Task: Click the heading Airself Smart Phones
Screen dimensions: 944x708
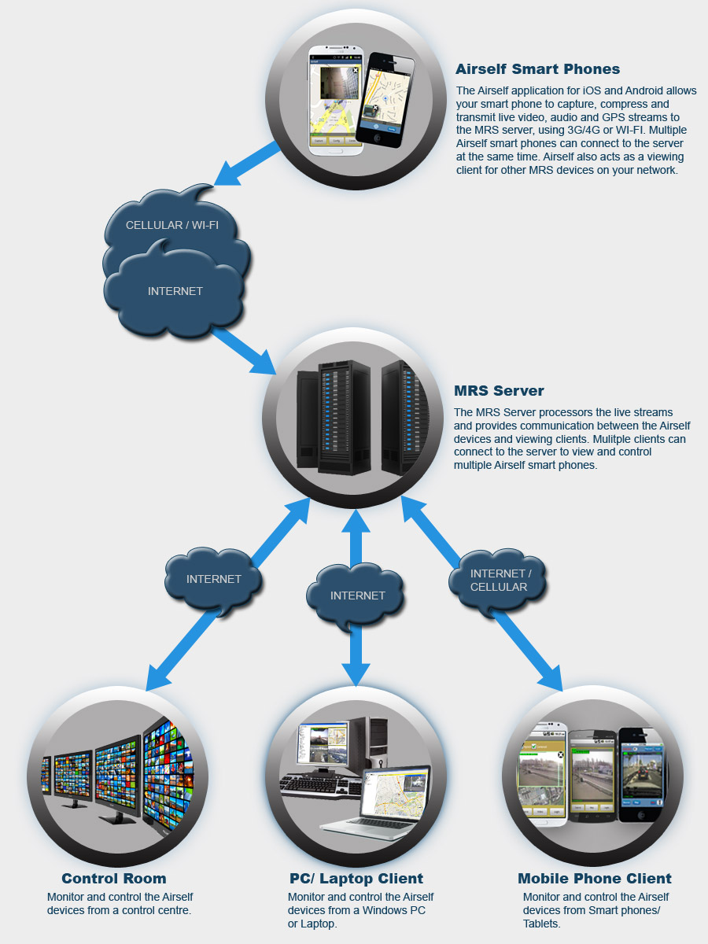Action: click(537, 69)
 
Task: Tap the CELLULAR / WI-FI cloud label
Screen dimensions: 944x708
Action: click(172, 226)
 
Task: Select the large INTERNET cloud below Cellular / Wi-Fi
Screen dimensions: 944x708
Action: click(175, 291)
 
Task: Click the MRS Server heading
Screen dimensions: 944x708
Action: click(499, 391)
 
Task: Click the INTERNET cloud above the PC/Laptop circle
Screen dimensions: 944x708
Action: click(357, 596)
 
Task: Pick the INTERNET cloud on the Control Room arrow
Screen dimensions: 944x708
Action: click(213, 579)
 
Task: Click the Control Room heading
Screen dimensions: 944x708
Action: click(114, 879)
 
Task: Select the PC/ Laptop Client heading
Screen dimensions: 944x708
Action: click(356, 879)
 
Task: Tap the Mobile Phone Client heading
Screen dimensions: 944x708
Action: click(595, 879)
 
